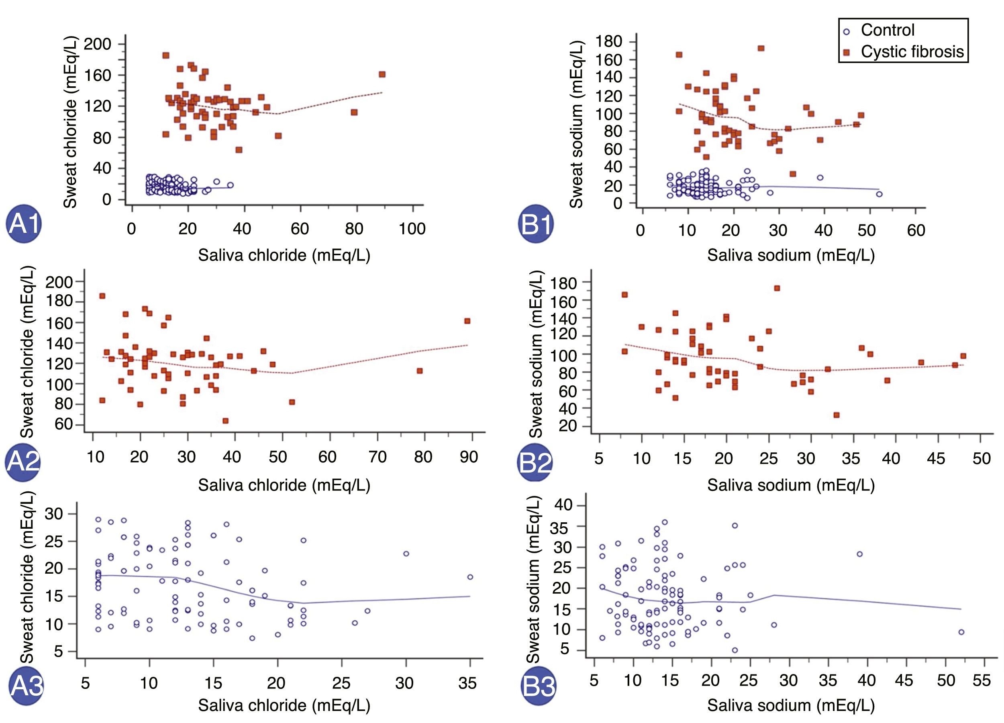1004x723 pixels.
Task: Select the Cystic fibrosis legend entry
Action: [x=905, y=52]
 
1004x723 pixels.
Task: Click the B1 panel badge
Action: [x=536, y=224]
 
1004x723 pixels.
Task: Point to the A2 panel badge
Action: [x=23, y=462]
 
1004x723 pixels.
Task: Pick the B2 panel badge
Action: [x=535, y=462]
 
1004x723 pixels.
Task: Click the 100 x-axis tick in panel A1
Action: [x=412, y=229]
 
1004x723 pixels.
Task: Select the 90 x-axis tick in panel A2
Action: [x=469, y=456]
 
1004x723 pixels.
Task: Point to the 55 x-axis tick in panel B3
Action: [x=982, y=680]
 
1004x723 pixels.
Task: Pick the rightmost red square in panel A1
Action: [x=382, y=74]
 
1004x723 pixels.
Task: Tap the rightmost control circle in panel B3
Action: [x=961, y=632]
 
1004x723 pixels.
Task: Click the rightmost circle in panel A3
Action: [x=470, y=577]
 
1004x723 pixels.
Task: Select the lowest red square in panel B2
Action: [x=836, y=415]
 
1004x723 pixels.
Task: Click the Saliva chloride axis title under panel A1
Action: [x=284, y=255]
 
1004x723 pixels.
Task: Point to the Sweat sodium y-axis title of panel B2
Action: [x=536, y=354]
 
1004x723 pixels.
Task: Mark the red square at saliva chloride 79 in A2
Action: [x=420, y=371]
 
